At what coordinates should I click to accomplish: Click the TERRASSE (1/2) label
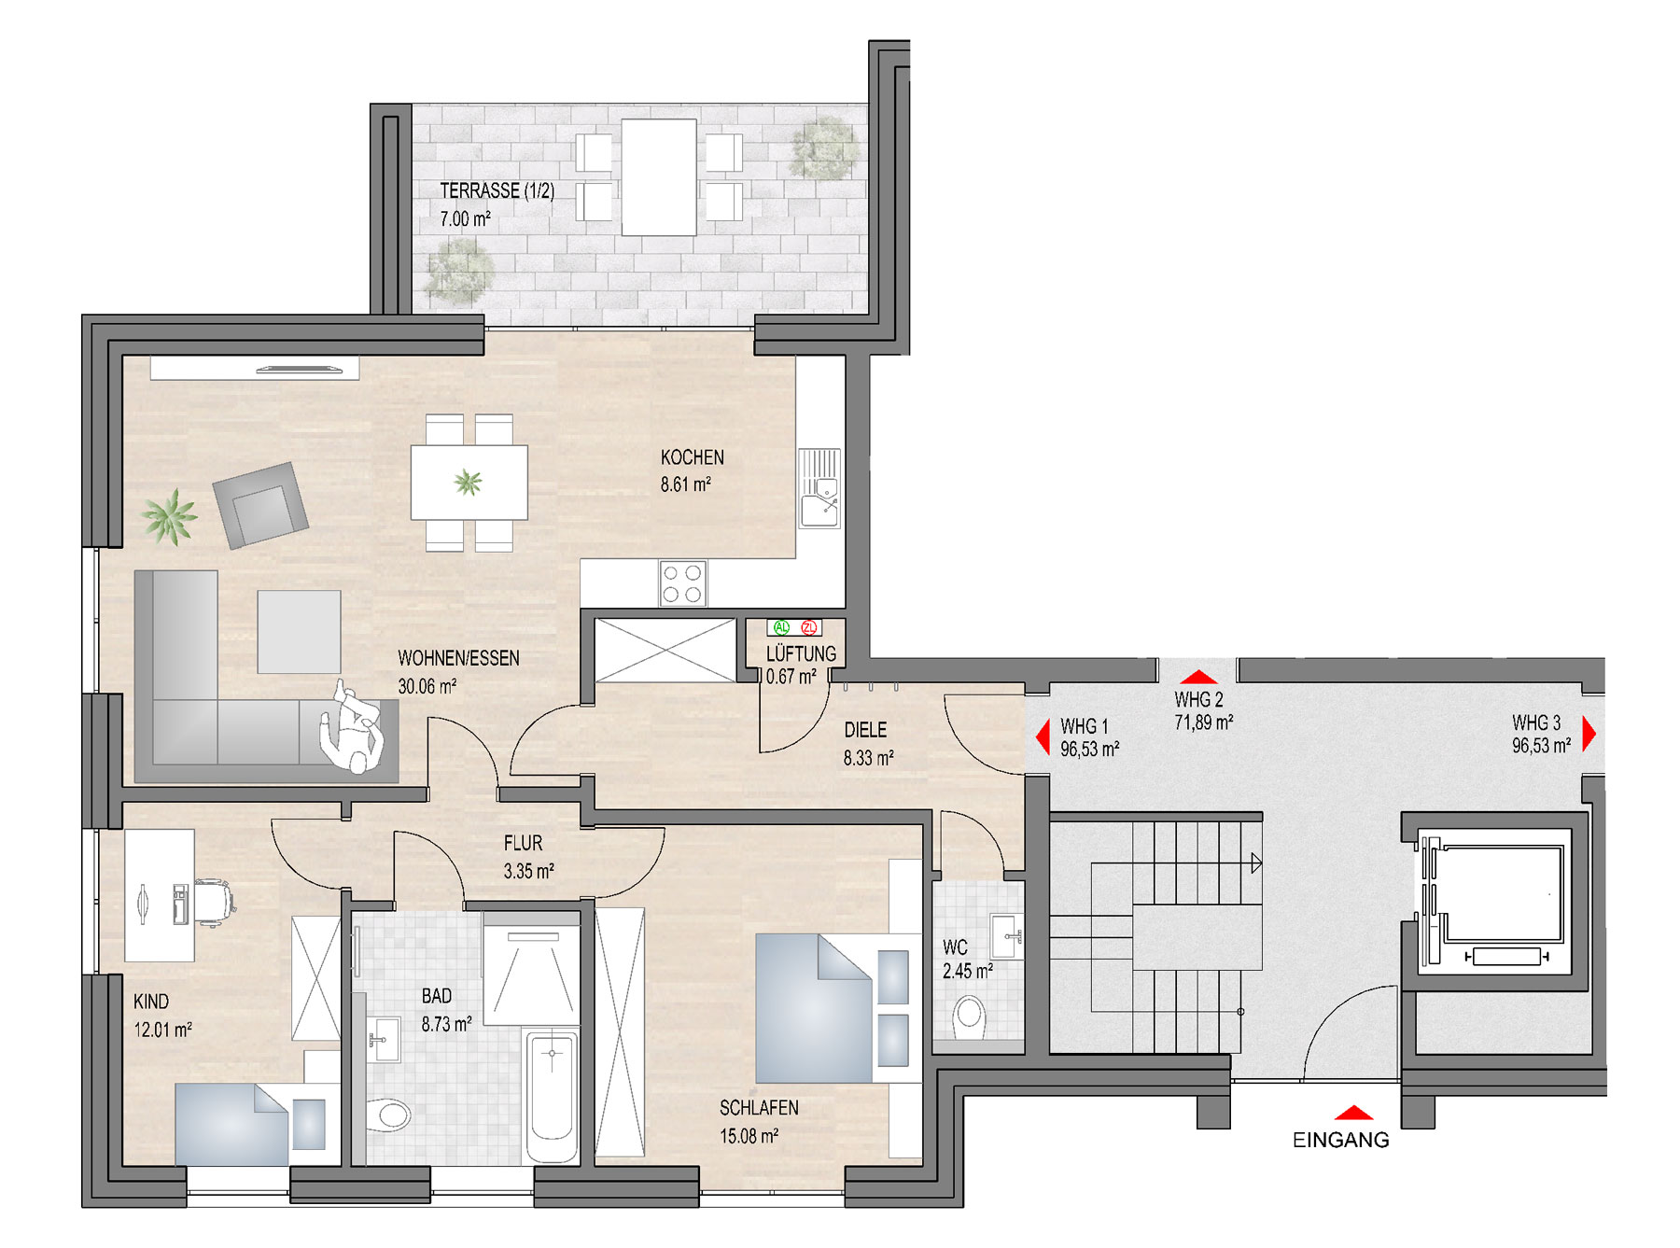pos(497,190)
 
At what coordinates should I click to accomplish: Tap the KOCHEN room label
pos(692,457)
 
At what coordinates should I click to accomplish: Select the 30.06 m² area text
pos(427,686)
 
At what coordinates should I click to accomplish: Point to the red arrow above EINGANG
pos(1353,1113)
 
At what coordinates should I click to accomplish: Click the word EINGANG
pos(1340,1140)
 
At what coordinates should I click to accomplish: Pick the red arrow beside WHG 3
pos(1589,734)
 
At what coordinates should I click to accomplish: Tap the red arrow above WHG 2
pos(1198,677)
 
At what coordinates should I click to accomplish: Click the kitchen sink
pos(819,488)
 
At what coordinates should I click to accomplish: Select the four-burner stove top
pos(682,583)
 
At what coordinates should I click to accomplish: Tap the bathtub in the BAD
pos(552,1096)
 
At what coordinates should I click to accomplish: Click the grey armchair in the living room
pos(260,505)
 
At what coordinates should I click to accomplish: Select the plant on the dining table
pos(468,483)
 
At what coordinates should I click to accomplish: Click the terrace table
pos(659,177)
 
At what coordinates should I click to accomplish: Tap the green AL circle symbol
pos(781,627)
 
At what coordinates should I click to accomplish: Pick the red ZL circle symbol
pos(809,627)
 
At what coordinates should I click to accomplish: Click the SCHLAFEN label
pos(759,1108)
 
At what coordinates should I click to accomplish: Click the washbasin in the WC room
pos(1006,935)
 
